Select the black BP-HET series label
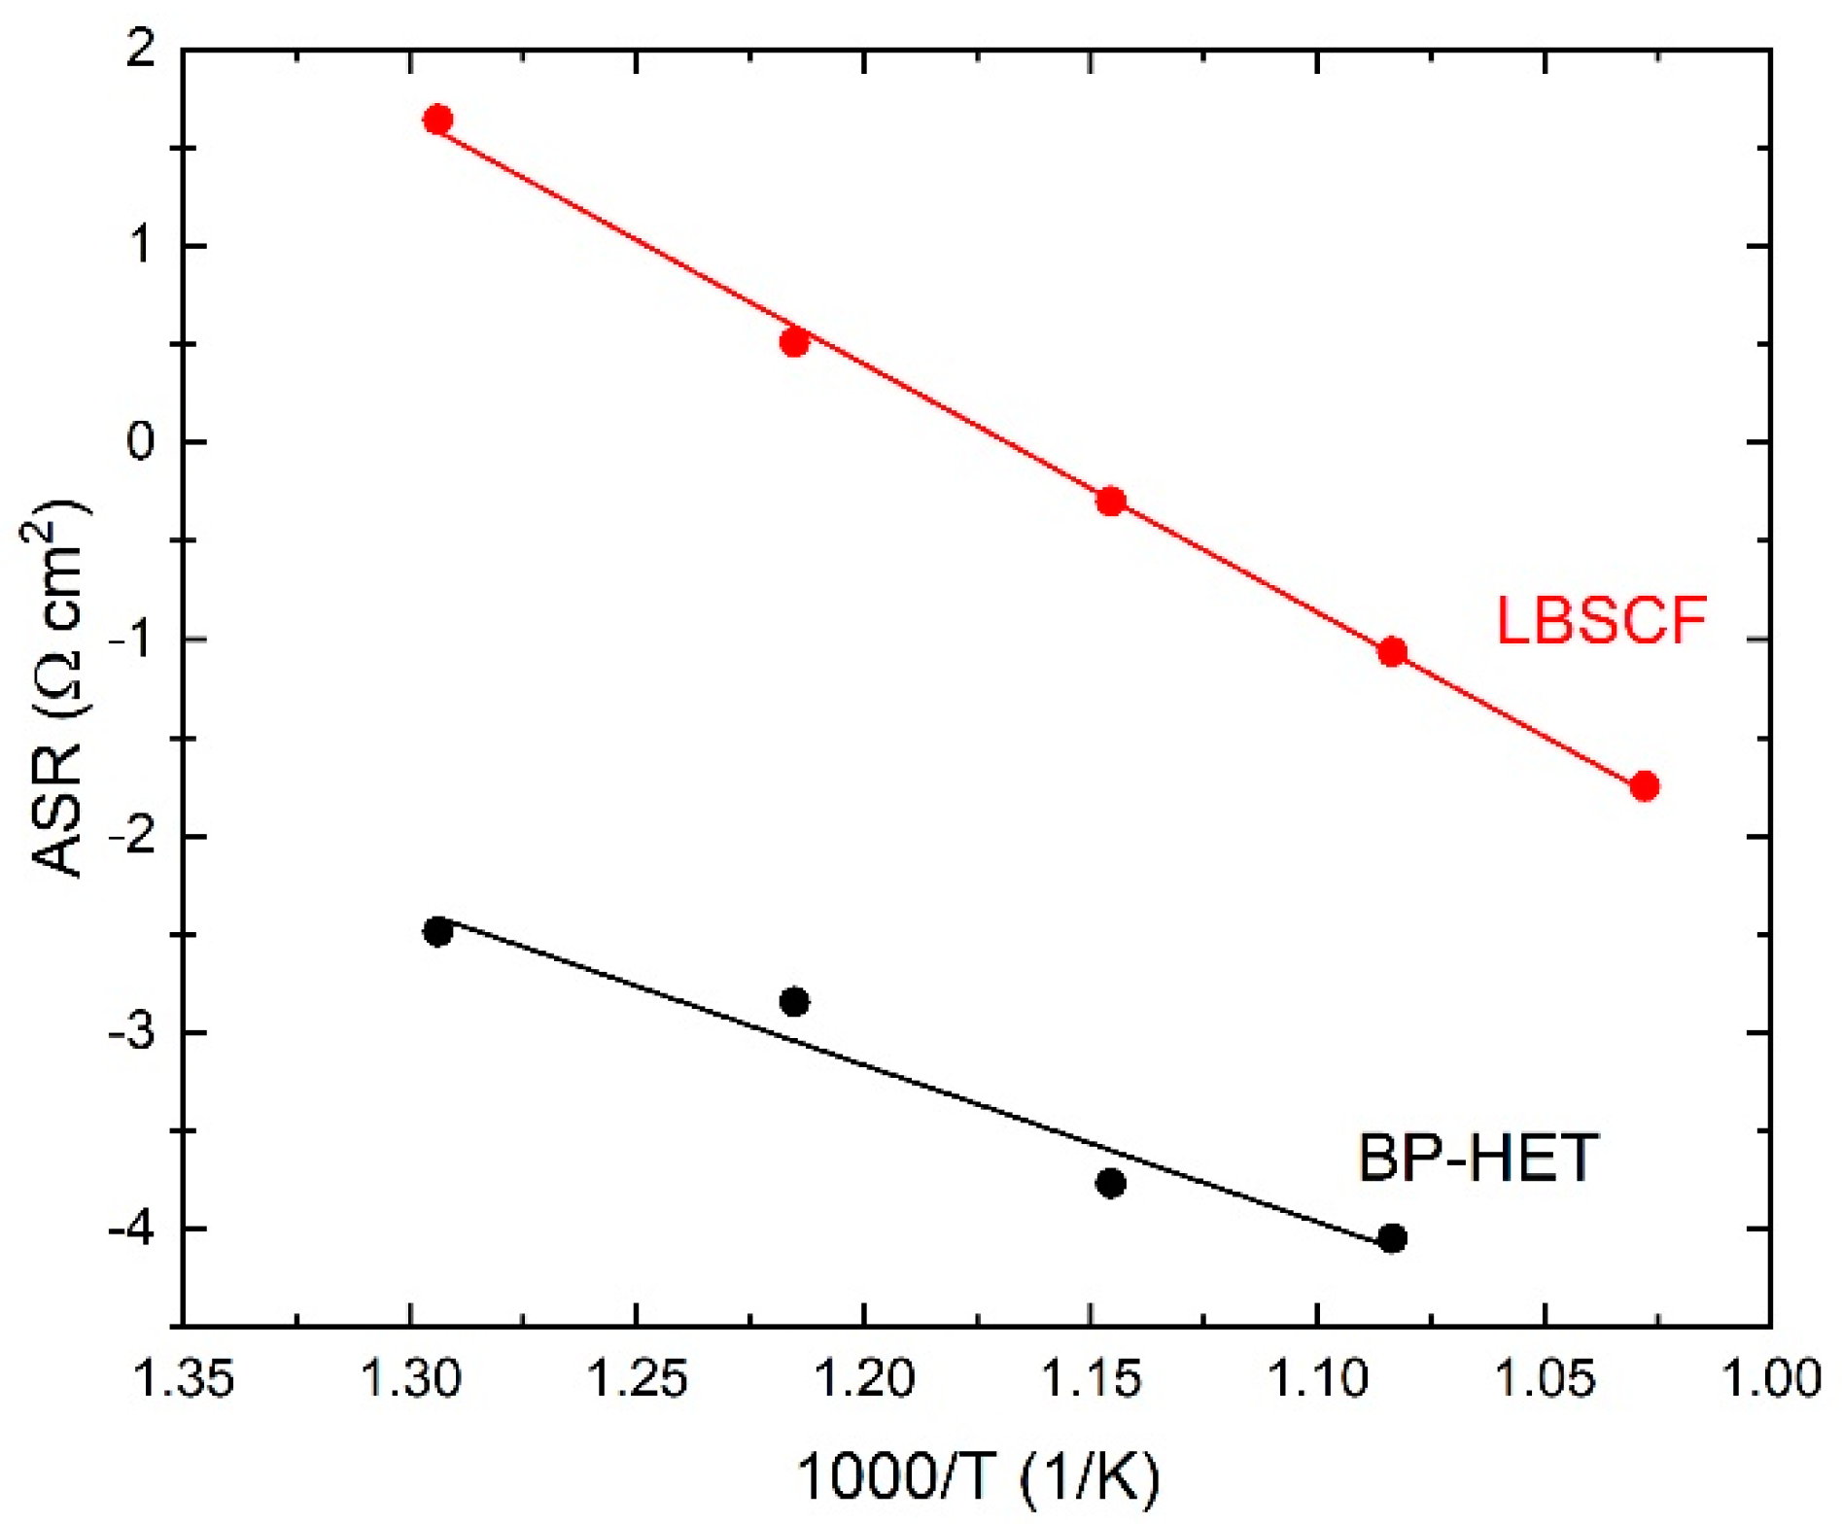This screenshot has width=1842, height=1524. coord(1477,1157)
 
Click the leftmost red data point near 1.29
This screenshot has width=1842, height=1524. coord(437,120)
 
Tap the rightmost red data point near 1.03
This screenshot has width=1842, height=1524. coord(1644,785)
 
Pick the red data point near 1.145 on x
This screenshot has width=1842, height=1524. coord(1110,502)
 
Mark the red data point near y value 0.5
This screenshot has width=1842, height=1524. coord(794,342)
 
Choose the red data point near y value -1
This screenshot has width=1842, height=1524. coord(1392,651)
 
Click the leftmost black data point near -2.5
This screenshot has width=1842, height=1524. coord(437,931)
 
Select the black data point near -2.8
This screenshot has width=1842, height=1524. coord(794,1001)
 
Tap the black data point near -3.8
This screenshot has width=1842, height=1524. coord(1110,1183)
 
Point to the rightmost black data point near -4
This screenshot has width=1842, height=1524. coord(1392,1238)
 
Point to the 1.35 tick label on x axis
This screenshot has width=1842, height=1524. coord(184,1379)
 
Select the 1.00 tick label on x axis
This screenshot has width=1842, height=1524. coord(1771,1379)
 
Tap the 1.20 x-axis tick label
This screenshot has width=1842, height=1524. coord(864,1379)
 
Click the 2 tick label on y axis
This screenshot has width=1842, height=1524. coord(142,49)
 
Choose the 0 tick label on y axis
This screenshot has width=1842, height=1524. coord(140,442)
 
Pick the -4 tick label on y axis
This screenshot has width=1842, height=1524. coord(130,1229)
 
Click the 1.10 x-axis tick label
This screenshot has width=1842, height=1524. coord(1317,1379)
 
